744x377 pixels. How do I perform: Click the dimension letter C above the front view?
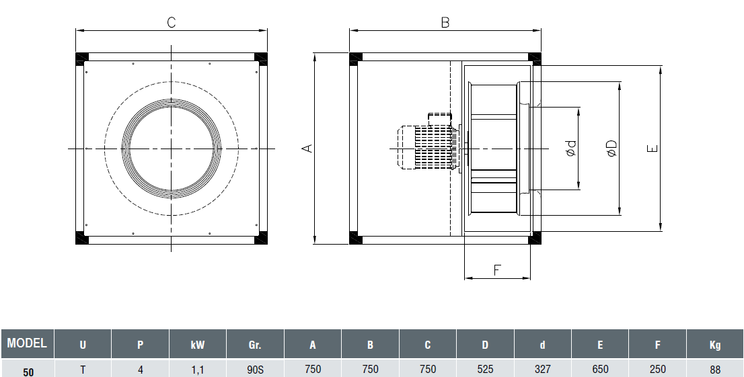[x=171, y=22]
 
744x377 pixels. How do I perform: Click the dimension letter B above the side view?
[x=445, y=22]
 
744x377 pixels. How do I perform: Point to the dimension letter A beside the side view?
[x=307, y=148]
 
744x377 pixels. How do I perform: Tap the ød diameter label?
[x=571, y=149]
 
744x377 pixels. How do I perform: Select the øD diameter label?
[x=611, y=149]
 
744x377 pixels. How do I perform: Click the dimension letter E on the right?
[x=652, y=149]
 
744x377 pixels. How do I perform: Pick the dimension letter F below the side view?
[x=497, y=270]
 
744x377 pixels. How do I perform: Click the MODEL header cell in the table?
[x=27, y=343]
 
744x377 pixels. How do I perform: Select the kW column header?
[x=198, y=345]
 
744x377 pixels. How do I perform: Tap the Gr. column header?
[x=255, y=345]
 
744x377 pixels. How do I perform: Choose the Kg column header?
[x=714, y=345]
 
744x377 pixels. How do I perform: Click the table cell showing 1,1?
[x=198, y=369]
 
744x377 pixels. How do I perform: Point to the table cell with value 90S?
[x=255, y=369]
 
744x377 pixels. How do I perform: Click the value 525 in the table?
[x=485, y=369]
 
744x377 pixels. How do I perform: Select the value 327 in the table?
[x=542, y=369]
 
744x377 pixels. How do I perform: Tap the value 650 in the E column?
[x=600, y=369]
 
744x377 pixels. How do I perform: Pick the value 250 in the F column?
[x=657, y=369]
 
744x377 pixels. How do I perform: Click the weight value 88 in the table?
[x=714, y=369]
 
